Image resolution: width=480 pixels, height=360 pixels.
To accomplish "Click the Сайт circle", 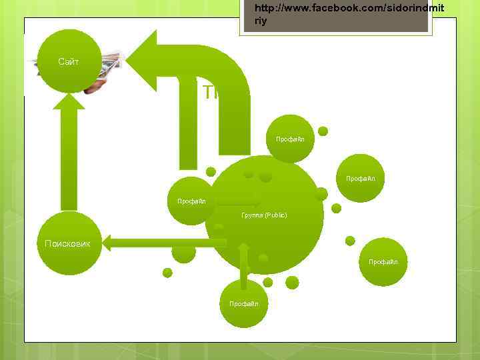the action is [x=69, y=61].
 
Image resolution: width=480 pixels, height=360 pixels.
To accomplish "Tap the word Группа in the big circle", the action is [x=252, y=215].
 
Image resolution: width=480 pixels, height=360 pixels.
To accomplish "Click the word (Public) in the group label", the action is [x=275, y=215].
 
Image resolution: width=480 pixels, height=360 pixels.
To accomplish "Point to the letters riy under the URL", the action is [x=261, y=21].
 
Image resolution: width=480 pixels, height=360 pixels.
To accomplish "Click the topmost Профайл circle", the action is [x=290, y=139].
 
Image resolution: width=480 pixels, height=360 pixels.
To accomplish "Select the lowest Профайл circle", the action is [x=243, y=303].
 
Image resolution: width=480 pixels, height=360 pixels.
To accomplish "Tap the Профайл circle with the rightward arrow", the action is [x=191, y=201].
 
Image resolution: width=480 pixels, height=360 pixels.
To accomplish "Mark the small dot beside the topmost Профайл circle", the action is [x=323, y=131].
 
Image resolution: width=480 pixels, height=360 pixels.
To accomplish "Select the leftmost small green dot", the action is [x=167, y=273].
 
